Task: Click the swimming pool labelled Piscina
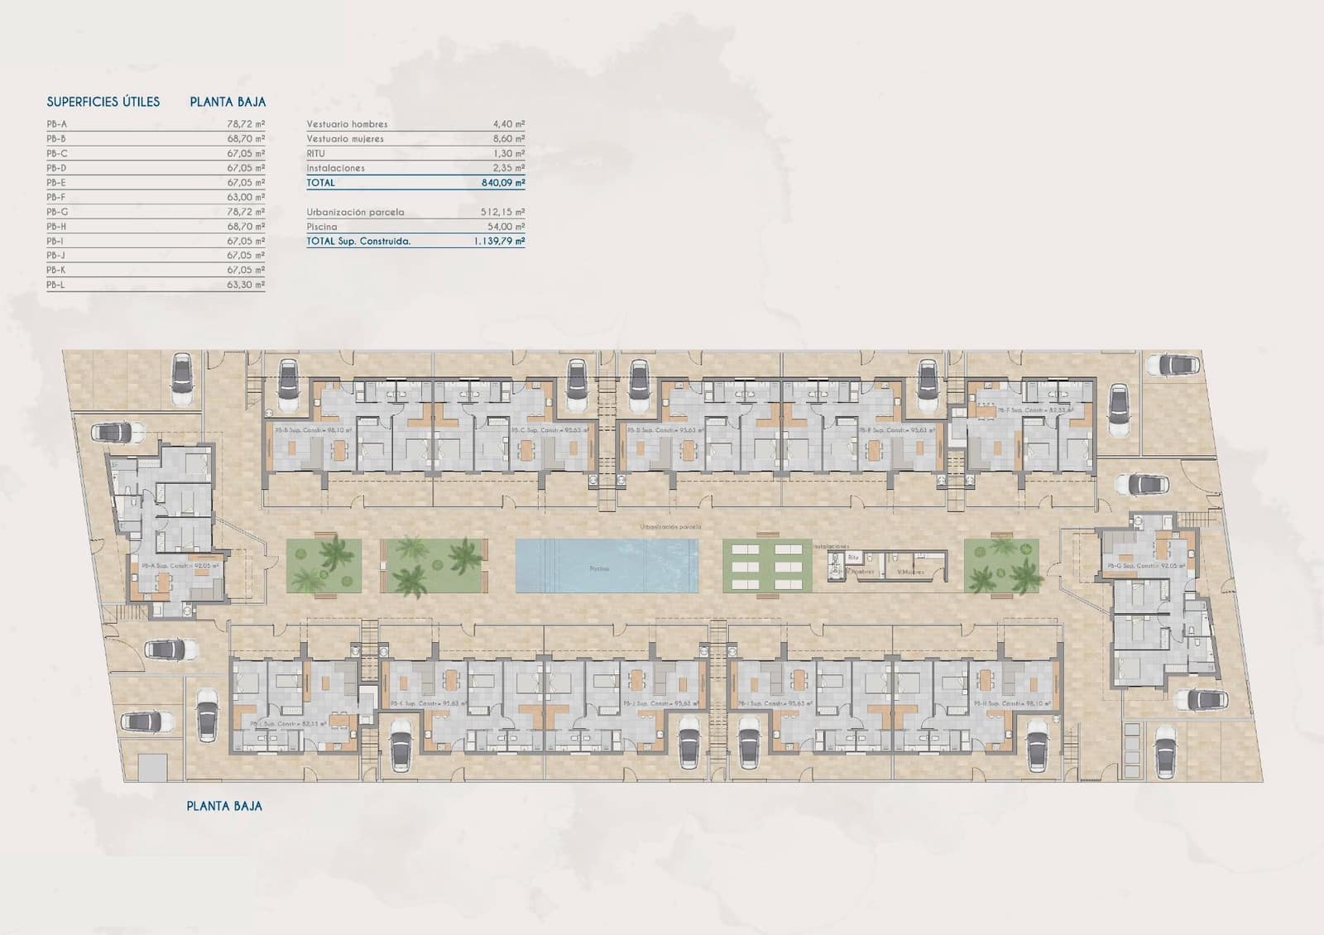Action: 606,566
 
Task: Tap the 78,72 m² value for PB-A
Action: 246,124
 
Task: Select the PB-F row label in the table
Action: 56,198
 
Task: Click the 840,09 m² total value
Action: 503,183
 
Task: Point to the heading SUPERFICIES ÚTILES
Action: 103,103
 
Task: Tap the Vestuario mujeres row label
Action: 345,139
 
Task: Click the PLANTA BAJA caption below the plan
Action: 224,805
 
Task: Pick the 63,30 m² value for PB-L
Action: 246,285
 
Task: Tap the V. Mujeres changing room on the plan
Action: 910,572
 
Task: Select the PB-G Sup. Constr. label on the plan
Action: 1146,566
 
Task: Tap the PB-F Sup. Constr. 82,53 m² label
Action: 1034,410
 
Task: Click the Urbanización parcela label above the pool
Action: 670,527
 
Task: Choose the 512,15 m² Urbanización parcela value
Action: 503,213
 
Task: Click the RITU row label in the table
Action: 315,154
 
